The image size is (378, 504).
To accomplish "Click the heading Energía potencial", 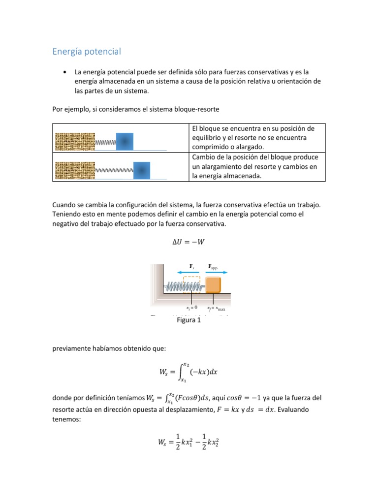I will (x=86, y=51).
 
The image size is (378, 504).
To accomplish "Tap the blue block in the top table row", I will (x=125, y=141).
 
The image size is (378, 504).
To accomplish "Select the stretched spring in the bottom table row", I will (x=114, y=170).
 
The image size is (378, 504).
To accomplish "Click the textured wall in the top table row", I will (x=75, y=141).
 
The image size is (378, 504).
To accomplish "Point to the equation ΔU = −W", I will (x=189, y=242).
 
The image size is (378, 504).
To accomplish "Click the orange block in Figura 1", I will (x=213, y=284).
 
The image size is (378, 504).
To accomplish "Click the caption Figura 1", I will (x=189, y=321).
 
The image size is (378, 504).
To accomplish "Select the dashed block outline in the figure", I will (x=192, y=282).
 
